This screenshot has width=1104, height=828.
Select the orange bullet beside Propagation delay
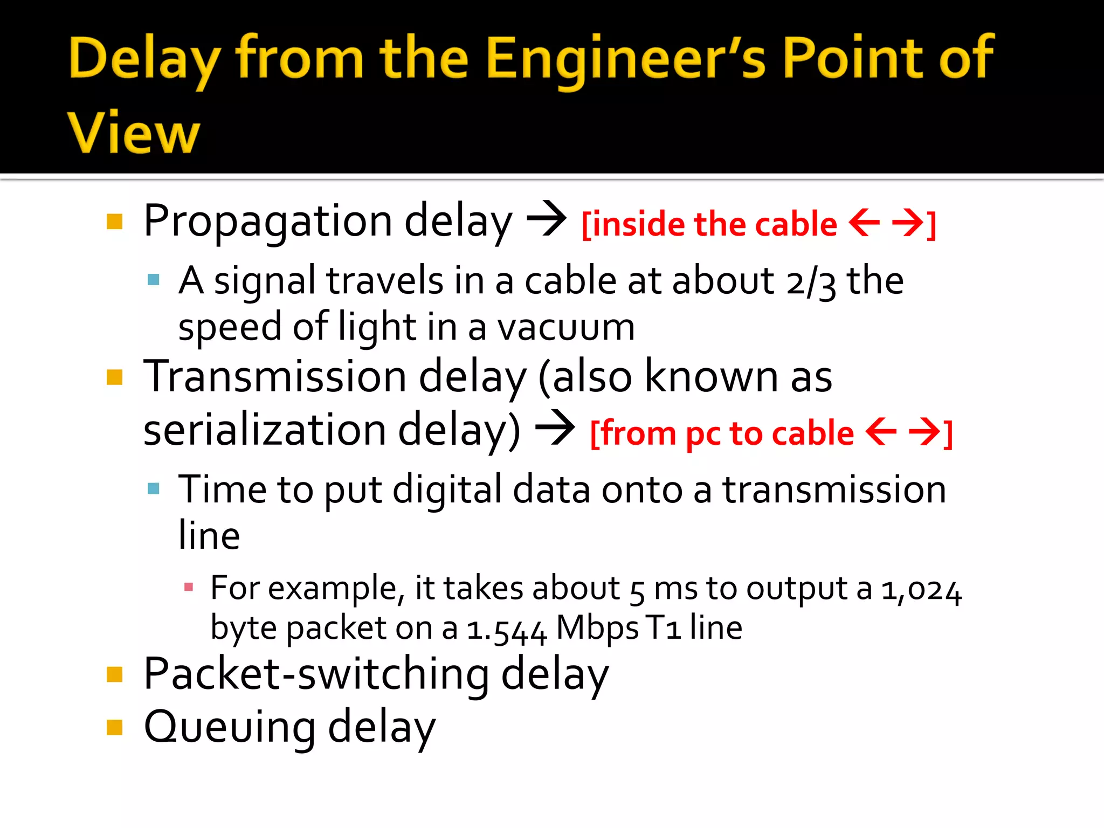tap(115, 222)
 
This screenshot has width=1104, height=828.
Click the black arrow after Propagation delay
tap(546, 219)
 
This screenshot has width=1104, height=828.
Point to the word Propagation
tap(268, 222)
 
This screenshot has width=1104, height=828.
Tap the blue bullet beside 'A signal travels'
tap(154, 280)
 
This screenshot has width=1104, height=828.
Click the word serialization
tap(265, 430)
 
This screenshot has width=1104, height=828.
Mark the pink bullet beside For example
tap(189, 587)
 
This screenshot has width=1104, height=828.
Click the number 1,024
tap(921, 589)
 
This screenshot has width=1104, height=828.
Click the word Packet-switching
tap(316, 674)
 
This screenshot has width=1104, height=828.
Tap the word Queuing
tap(230, 727)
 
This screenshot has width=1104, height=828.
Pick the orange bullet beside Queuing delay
tap(115, 728)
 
